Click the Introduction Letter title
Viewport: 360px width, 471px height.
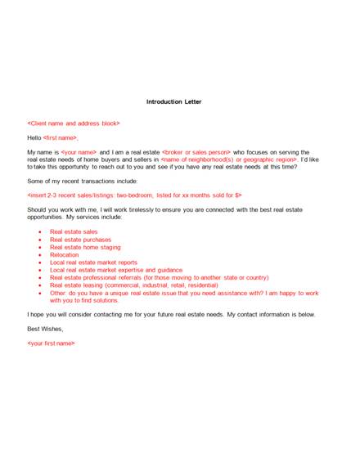click(x=179, y=102)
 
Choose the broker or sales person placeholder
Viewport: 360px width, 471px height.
click(x=197, y=152)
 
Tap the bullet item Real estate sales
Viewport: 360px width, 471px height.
click(x=73, y=231)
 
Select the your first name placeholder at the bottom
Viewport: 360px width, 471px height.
click(x=52, y=343)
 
